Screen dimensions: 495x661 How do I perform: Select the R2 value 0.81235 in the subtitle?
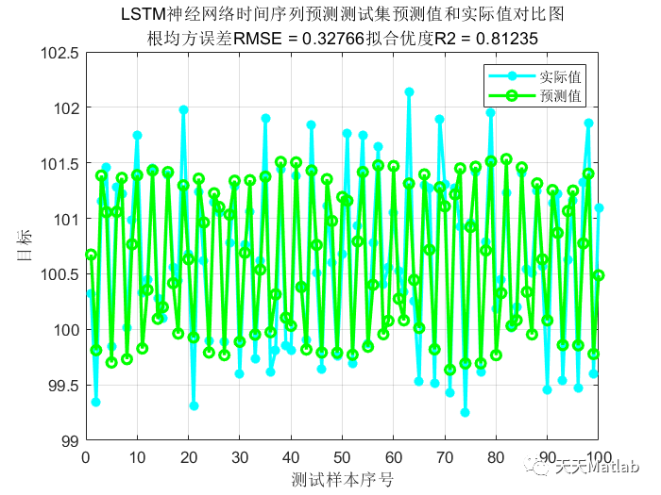[510, 38]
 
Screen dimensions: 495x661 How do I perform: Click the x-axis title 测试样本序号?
[342, 478]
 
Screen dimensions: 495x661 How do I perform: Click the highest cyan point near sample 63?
[409, 92]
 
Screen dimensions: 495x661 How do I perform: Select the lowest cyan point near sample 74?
[465, 412]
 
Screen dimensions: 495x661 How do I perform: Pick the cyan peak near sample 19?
[183, 110]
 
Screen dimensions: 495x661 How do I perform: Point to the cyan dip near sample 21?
[194, 405]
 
